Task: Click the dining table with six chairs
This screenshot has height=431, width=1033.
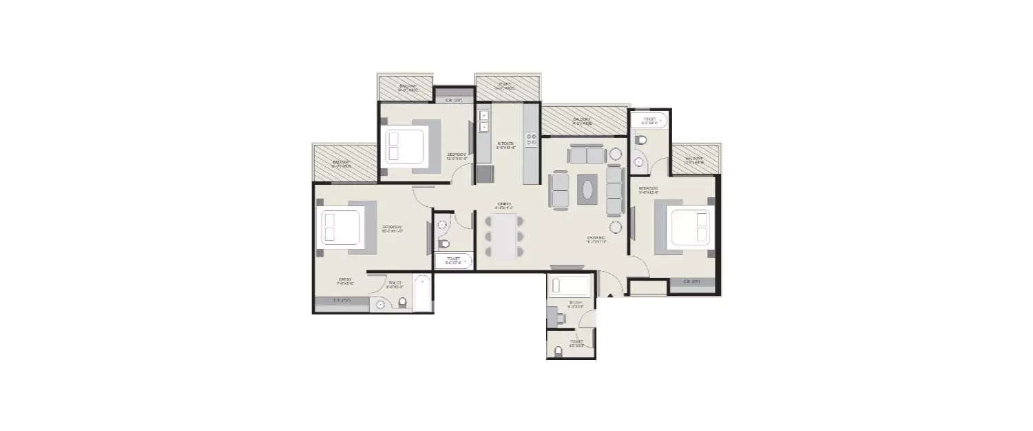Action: (x=504, y=236)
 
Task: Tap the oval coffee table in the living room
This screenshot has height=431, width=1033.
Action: (x=587, y=188)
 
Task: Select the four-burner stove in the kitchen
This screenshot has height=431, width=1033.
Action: (x=531, y=141)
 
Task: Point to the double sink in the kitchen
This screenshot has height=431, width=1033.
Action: (x=484, y=121)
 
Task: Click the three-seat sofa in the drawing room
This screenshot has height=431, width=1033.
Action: (x=614, y=190)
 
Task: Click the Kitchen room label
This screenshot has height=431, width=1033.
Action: (x=506, y=145)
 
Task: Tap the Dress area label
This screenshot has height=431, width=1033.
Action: (x=345, y=281)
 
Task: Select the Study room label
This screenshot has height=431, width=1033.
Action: (x=575, y=303)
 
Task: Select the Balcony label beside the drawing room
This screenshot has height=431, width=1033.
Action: (x=582, y=121)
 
